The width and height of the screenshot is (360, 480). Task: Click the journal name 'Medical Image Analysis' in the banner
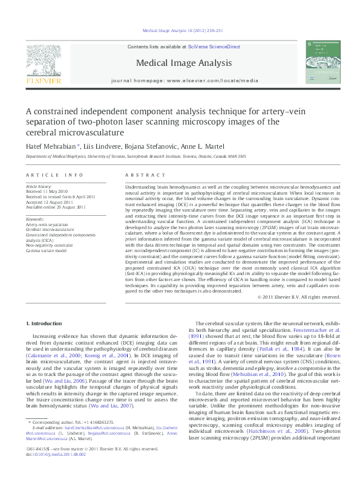184,63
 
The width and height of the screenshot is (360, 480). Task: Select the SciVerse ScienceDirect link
214,47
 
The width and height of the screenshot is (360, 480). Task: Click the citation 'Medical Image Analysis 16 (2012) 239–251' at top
182,30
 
